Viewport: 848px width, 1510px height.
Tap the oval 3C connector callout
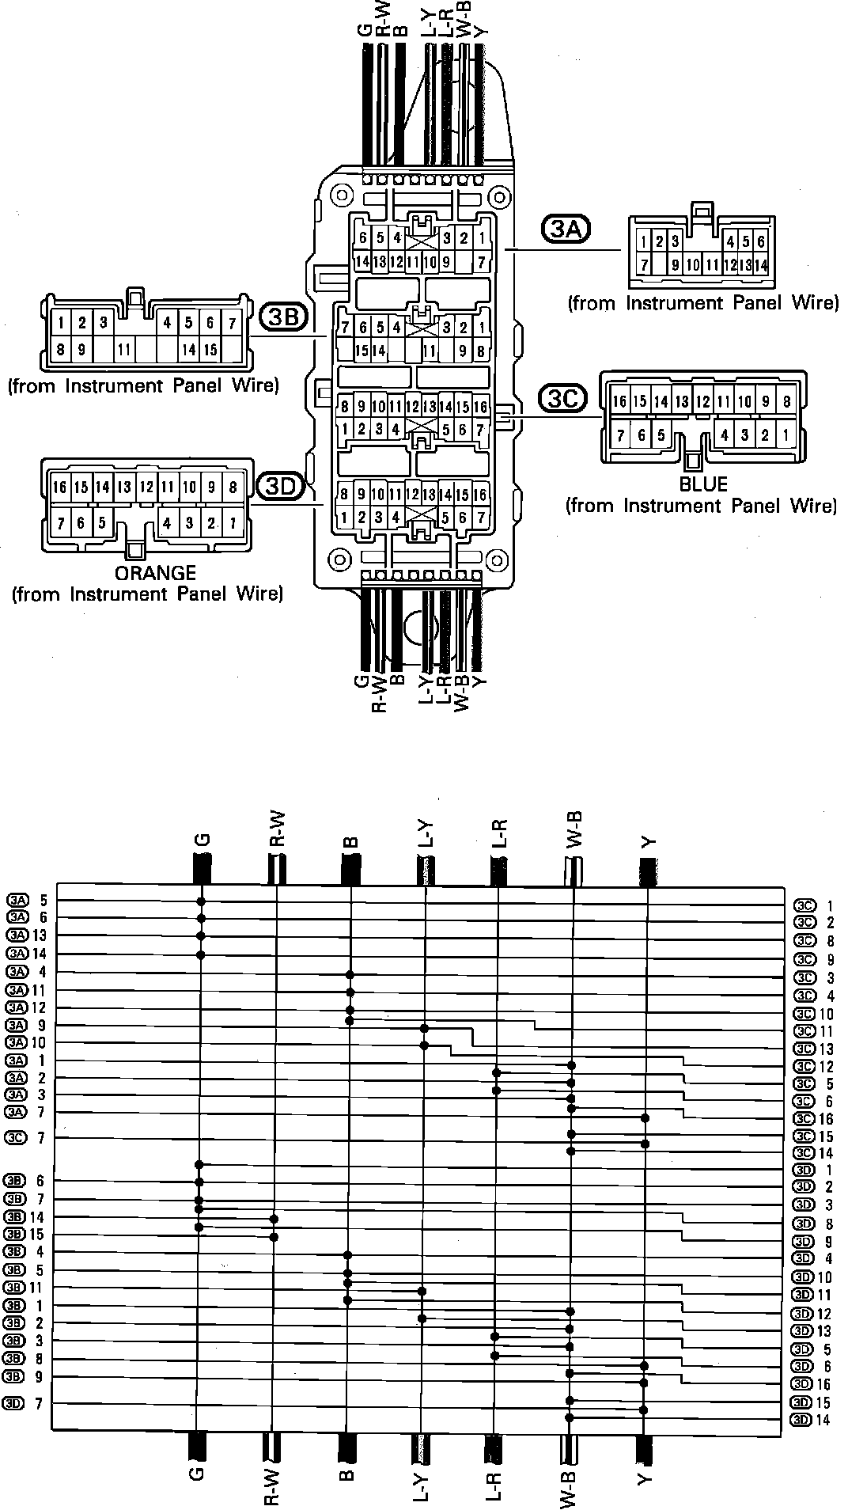tap(562, 399)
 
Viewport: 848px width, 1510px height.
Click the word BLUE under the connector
tap(703, 484)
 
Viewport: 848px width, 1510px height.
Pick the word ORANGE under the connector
tap(155, 573)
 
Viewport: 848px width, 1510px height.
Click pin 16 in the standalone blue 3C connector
tap(619, 402)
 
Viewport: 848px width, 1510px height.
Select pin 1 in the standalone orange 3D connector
tap(233, 523)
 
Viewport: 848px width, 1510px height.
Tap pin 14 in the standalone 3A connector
tap(760, 266)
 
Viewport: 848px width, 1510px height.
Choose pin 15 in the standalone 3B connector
tap(210, 349)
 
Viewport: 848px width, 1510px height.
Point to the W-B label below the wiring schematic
tap(570, 1476)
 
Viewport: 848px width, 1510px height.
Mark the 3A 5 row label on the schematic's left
tap(28, 900)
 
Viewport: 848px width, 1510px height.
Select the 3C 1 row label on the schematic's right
tap(814, 905)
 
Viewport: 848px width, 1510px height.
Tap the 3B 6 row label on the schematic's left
tap(28, 1181)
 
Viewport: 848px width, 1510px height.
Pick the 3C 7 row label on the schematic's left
tap(28, 1137)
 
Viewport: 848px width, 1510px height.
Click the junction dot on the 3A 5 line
tap(201, 901)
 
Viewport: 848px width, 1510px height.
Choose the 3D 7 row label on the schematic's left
tap(28, 1402)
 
